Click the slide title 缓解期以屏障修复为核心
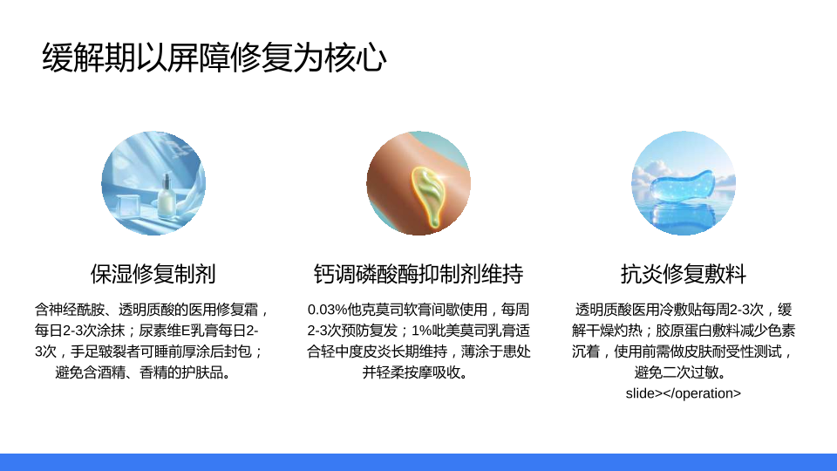click(x=214, y=58)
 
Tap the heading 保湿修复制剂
click(x=153, y=274)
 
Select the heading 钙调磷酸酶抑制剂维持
click(x=418, y=274)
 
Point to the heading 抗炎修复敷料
click(x=684, y=274)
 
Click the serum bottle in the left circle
click(x=167, y=197)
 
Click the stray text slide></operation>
click(x=684, y=393)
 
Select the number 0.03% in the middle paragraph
click(x=327, y=310)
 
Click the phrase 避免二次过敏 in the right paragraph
click(x=677, y=372)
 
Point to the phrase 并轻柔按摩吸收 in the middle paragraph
click(x=411, y=372)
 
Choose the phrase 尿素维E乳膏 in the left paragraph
click(x=175, y=331)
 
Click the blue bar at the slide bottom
click(x=418, y=462)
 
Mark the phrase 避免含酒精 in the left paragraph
click(x=90, y=372)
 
